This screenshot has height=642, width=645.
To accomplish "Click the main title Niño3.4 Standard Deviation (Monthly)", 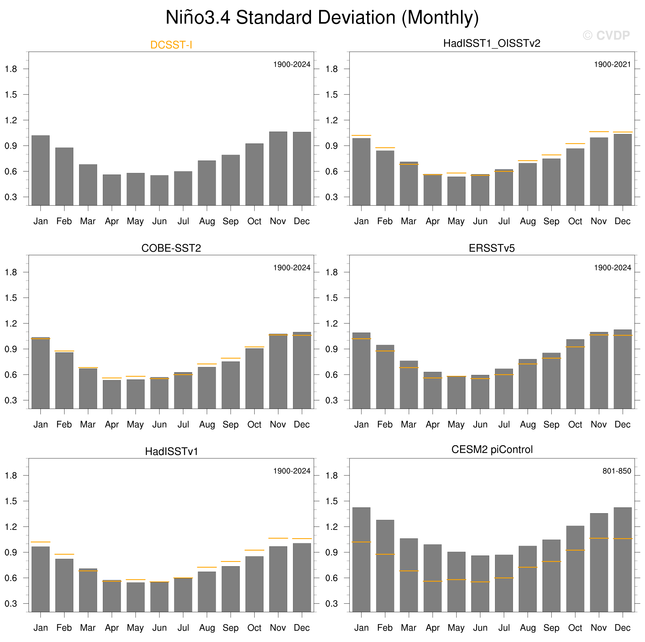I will coord(322,17).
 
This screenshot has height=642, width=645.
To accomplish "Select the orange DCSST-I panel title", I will coord(171,45).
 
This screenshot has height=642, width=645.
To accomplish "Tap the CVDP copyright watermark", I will coord(606,35).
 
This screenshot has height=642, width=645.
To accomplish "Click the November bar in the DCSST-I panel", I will coord(278,168).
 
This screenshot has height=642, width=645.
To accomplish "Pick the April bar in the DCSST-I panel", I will coord(112,190).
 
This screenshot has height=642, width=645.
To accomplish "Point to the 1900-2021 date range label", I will coord(612,65).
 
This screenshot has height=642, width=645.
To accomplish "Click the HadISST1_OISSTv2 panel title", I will coord(491,44).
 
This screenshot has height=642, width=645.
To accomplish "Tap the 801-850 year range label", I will coord(617,471).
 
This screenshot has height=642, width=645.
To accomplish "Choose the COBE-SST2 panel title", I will coord(171,248).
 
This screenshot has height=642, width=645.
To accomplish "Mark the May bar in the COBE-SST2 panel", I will coord(136,394).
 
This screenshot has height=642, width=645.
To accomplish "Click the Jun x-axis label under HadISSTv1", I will coord(159,628).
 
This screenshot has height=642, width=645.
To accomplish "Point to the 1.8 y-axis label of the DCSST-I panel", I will coord(11,69).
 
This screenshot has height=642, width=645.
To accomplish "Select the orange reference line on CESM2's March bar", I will coord(409,571).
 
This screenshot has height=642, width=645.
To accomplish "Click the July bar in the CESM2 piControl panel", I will coord(504,583).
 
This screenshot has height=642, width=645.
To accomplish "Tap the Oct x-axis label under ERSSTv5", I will coord(575,425).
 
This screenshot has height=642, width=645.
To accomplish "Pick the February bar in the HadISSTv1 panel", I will coord(64,585).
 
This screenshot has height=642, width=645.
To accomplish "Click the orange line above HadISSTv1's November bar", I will coord(278,538).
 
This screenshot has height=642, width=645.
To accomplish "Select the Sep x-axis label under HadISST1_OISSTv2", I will coord(551,221).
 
